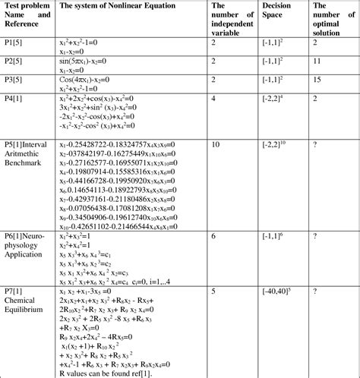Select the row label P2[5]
click(x=15, y=59)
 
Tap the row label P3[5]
click(x=15, y=79)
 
